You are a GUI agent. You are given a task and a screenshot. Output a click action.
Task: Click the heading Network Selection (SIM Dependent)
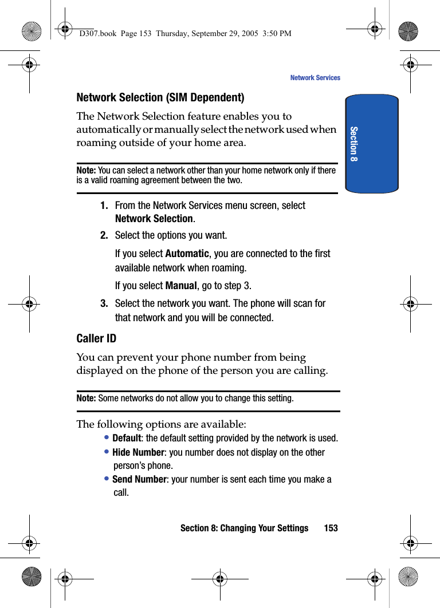click(x=160, y=97)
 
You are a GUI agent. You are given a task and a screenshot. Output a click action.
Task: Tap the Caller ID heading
click(x=96, y=338)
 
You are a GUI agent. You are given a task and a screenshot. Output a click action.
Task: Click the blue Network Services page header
click(x=315, y=78)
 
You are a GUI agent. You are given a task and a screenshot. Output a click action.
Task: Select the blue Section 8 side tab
click(x=372, y=144)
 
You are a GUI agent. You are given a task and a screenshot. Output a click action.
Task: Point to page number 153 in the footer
click(x=331, y=528)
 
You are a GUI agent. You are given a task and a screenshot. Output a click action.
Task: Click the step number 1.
click(x=104, y=206)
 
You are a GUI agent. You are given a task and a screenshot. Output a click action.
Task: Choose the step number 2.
click(x=104, y=235)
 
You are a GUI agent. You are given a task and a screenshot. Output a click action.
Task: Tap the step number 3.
click(x=104, y=303)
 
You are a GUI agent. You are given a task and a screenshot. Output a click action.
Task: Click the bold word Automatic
click(x=187, y=254)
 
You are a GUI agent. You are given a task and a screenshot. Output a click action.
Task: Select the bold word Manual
click(x=181, y=286)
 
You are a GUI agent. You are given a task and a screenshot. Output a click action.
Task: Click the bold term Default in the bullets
click(x=127, y=439)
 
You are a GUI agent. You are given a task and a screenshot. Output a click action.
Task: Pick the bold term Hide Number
click(x=138, y=452)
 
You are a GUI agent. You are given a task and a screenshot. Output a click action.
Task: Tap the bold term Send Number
click(x=139, y=479)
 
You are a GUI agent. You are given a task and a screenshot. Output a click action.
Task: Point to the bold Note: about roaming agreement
click(x=87, y=171)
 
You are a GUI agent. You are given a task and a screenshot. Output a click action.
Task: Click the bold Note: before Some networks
click(x=87, y=398)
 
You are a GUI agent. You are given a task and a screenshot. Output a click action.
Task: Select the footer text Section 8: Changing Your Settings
click(x=244, y=528)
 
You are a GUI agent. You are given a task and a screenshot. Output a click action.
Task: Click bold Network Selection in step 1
click(x=154, y=219)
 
